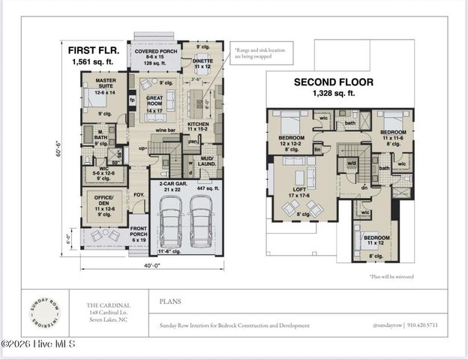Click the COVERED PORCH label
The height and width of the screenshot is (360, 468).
154,52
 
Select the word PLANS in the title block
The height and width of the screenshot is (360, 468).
170,301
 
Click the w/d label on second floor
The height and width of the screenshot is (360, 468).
350,161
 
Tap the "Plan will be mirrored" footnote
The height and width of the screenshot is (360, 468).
391,277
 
